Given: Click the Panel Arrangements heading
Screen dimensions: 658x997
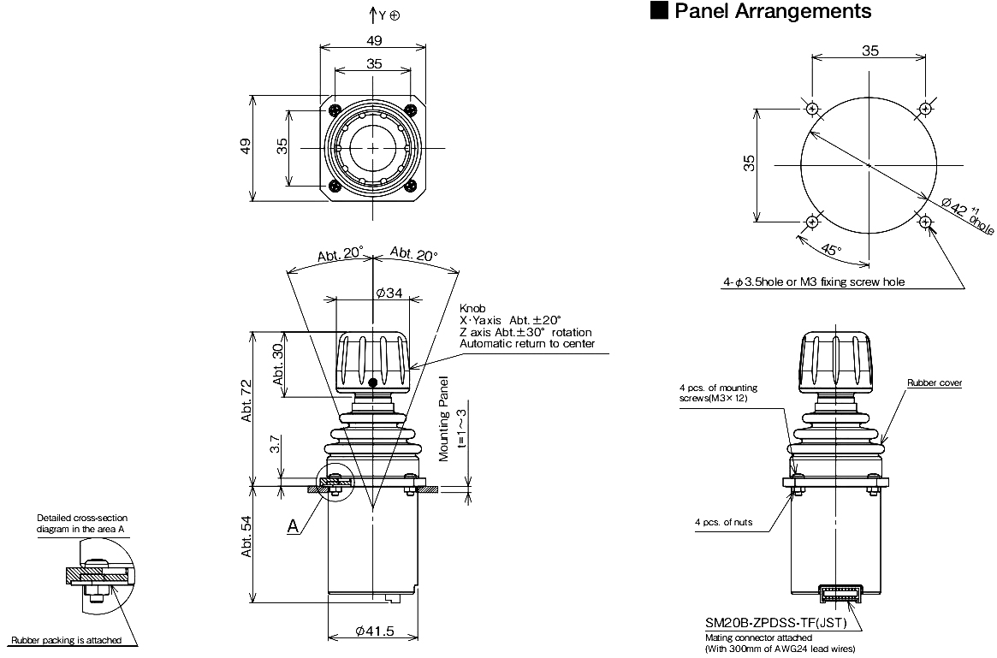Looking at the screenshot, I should tap(773, 11).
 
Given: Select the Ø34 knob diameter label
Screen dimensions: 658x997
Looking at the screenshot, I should tap(389, 293).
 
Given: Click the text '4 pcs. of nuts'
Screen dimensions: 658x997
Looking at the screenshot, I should tap(724, 522).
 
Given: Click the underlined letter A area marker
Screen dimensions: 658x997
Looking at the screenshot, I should tap(294, 528).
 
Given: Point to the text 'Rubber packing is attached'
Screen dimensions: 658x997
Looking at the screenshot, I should tap(66, 639).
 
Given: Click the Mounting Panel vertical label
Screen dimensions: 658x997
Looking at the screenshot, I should tap(444, 419).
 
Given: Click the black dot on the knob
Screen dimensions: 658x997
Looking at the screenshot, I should tap(373, 382).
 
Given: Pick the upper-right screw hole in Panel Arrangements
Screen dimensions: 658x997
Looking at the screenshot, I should tap(925, 109).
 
